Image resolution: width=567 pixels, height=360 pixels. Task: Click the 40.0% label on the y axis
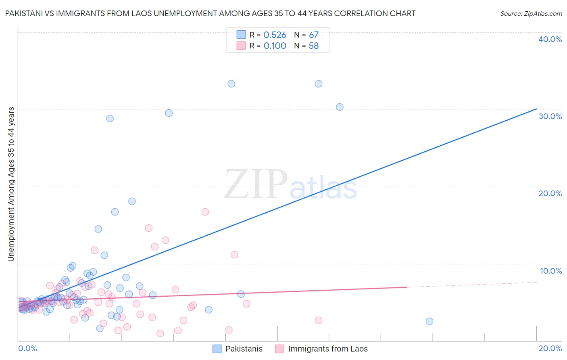(x=550, y=39)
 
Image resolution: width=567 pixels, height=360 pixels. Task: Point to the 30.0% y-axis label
(x=550, y=116)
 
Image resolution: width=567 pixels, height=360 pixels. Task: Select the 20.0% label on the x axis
(x=550, y=348)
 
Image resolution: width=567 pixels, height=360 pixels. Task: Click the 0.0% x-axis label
(x=27, y=348)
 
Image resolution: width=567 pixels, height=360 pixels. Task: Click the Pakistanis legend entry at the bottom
(x=244, y=349)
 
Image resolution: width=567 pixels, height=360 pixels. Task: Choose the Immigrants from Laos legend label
(x=328, y=349)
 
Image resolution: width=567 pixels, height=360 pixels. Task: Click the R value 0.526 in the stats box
(x=275, y=35)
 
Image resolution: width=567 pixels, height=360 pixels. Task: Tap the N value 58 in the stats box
(x=313, y=46)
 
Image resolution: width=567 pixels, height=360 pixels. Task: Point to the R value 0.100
(x=275, y=46)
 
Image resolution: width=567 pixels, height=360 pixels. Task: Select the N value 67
(x=313, y=35)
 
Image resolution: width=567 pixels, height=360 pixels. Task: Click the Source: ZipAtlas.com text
(x=531, y=14)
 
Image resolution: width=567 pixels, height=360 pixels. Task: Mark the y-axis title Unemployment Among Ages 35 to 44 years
(x=11, y=184)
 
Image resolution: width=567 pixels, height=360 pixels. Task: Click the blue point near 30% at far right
(x=340, y=107)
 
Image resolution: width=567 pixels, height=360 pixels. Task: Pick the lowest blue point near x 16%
(x=429, y=321)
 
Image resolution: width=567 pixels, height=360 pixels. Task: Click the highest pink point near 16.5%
(x=205, y=212)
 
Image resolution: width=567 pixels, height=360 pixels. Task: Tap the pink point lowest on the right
(x=318, y=320)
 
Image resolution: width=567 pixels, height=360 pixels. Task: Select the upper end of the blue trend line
(x=536, y=109)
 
